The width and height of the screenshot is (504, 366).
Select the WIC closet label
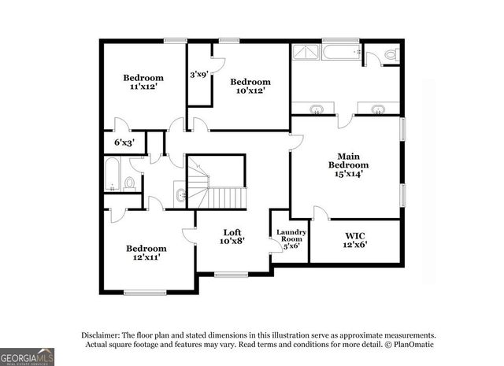[355, 235]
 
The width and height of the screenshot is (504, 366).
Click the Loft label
[232, 232]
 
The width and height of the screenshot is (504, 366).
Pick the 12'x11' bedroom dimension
[146, 257]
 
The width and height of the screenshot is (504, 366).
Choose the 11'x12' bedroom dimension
[143, 87]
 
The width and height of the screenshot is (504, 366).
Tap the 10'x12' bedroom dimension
[250, 91]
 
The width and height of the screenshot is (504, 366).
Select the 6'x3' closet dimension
[124, 142]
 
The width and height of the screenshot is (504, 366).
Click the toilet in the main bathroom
[388, 56]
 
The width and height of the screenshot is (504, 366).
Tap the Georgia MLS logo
[27, 356]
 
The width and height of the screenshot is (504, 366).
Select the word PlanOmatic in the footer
[412, 344]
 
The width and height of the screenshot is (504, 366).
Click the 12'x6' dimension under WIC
[355, 244]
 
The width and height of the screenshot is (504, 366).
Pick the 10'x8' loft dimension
[232, 242]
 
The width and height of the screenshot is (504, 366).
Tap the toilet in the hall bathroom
[131, 183]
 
